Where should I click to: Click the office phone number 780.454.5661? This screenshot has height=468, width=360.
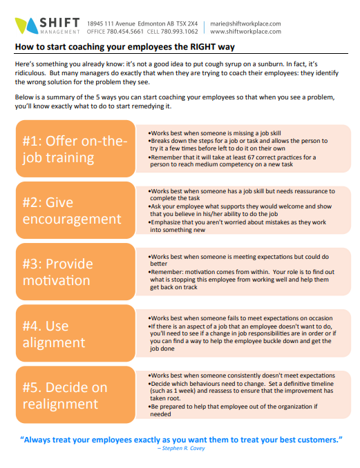tap(125, 31)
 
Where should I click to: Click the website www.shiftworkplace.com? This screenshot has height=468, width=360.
tap(245, 31)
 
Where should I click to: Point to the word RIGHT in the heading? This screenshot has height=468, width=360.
tap(187, 47)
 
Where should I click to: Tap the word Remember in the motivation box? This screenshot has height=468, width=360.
tap(166, 271)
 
